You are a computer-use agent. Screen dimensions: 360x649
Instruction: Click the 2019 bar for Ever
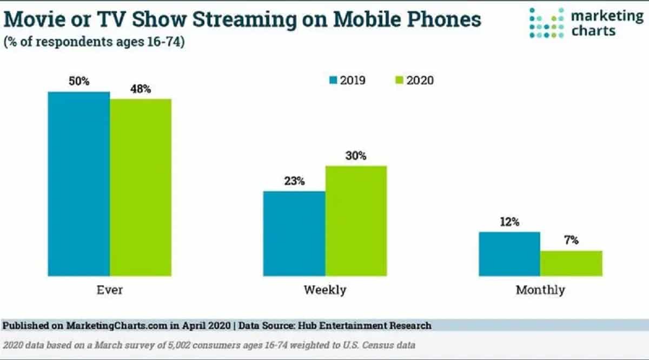(78, 184)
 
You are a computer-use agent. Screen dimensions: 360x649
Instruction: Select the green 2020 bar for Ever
(141, 188)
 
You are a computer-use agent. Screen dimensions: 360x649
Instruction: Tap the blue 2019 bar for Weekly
(294, 234)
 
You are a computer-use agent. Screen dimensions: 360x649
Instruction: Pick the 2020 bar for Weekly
(356, 221)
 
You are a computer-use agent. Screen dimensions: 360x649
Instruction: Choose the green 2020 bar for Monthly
(571, 263)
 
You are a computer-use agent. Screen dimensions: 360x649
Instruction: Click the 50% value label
(78, 81)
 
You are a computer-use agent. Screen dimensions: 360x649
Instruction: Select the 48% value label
(140, 88)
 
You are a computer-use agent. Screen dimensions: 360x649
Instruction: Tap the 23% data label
(294, 181)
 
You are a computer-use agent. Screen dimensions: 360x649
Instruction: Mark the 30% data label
(355, 156)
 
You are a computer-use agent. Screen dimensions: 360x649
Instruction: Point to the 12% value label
(509, 222)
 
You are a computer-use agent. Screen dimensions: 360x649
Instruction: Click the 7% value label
(571, 241)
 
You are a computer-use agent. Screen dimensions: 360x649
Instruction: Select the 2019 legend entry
(347, 81)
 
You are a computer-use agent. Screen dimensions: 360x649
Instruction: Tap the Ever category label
(109, 290)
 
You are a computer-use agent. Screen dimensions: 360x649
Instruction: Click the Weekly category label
(325, 290)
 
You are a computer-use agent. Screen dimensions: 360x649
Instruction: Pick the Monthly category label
(540, 290)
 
